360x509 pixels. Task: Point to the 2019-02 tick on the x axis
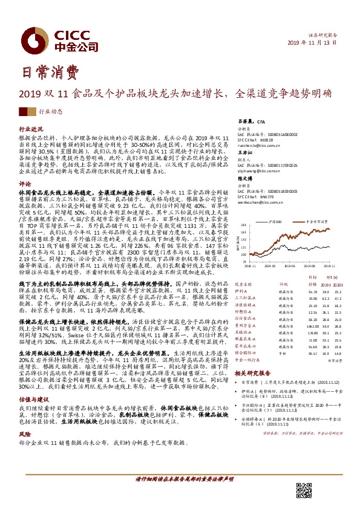[269, 264]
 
